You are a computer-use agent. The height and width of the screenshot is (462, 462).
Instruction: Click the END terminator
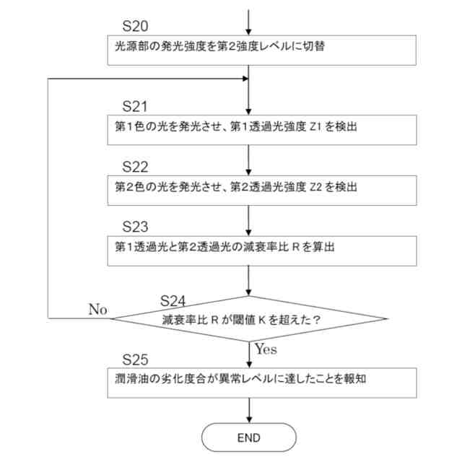(249, 437)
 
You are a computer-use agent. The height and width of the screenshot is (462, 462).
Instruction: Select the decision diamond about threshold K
(249, 318)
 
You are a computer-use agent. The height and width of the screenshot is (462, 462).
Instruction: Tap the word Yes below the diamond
(266, 349)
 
